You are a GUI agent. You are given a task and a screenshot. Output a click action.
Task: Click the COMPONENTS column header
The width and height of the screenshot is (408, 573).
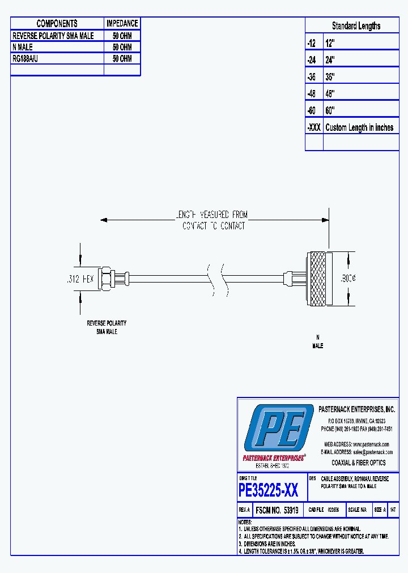(x=57, y=23)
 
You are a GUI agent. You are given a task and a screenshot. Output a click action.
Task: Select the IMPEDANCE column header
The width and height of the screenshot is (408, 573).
(x=122, y=23)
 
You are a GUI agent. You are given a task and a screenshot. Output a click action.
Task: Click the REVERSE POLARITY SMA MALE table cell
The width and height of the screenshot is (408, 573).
(x=53, y=36)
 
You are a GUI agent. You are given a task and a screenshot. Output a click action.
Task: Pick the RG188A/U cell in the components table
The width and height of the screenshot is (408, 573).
(x=25, y=58)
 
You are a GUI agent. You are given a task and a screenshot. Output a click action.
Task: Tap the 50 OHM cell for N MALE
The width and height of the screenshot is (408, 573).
(x=122, y=47)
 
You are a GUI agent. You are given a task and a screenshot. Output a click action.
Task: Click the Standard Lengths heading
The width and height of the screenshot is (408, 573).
(x=356, y=26)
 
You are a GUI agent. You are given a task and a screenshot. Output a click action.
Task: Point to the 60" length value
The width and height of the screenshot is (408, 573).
(x=331, y=110)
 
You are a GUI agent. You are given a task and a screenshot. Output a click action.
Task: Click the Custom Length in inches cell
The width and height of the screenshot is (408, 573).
(x=359, y=127)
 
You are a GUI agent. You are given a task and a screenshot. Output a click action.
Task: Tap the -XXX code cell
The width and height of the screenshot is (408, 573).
(x=314, y=127)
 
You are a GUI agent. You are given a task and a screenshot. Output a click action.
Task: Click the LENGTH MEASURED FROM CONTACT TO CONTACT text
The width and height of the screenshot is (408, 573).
(x=214, y=220)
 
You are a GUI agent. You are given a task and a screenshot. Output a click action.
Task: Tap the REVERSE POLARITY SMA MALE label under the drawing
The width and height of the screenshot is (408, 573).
(x=107, y=327)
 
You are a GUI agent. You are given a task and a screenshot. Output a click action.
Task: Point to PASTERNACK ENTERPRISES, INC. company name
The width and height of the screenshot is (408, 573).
(x=357, y=409)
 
